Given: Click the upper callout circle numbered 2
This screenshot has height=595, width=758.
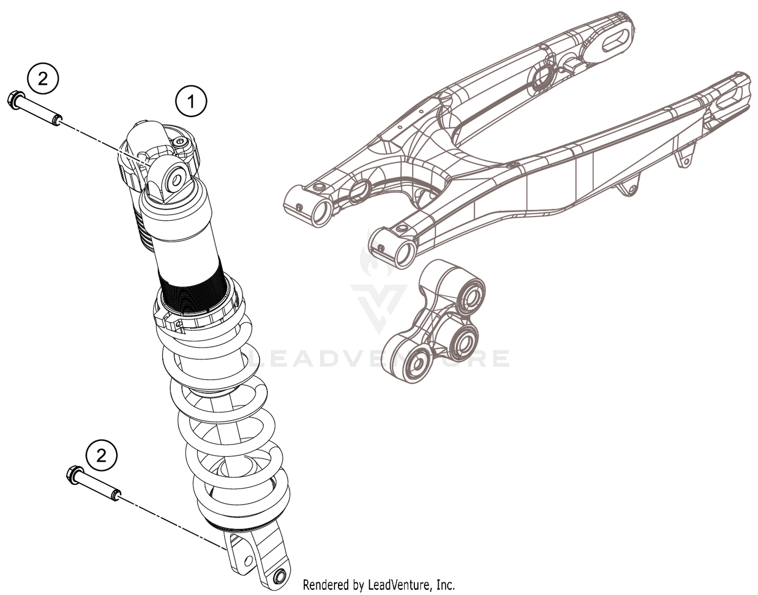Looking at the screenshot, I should pyautogui.click(x=43, y=79).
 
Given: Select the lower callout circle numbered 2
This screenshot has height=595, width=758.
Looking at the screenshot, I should pyautogui.click(x=102, y=456).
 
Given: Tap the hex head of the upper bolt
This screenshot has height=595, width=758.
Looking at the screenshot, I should pyautogui.click(x=15, y=98).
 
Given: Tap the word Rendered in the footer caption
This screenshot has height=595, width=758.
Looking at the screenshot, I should pyautogui.click(x=324, y=585).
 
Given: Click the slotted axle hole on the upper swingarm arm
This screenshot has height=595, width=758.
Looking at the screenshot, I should pyautogui.click(x=614, y=42).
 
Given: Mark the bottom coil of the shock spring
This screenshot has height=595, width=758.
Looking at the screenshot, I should pyautogui.click(x=243, y=508).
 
